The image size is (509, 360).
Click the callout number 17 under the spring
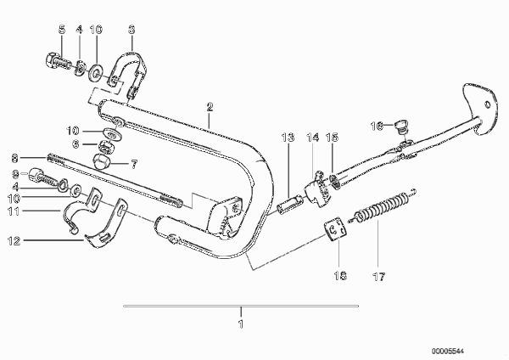(378, 277)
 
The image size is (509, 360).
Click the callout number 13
(288, 138)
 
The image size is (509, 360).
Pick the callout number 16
(377, 126)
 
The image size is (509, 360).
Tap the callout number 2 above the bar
(210, 107)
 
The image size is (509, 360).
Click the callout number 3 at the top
(131, 30)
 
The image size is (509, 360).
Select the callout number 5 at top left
(62, 30)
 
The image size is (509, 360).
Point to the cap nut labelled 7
(101, 161)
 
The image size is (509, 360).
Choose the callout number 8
(14, 158)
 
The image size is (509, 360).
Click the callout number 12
(14, 241)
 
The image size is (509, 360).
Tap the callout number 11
(14, 211)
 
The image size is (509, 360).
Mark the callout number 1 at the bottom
(241, 324)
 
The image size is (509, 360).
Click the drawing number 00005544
(448, 352)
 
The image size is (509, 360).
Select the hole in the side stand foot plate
(487, 104)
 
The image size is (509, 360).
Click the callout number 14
(312, 138)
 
